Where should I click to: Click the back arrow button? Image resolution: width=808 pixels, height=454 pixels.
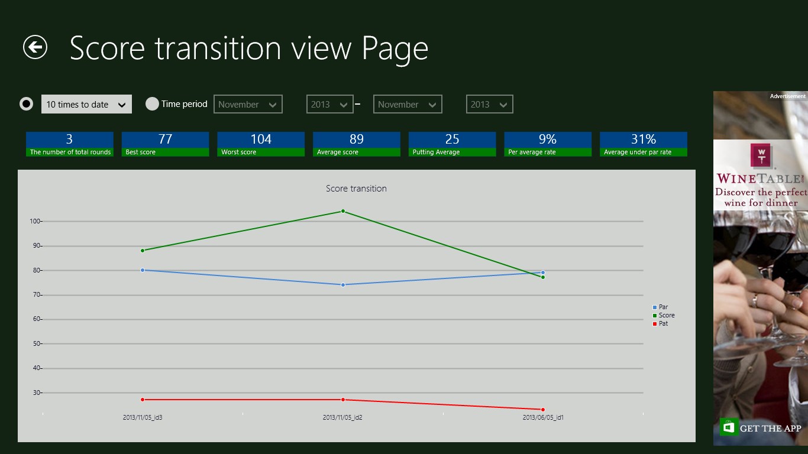click(x=35, y=47)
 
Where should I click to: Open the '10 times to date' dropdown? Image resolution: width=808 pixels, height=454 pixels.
click(x=86, y=104)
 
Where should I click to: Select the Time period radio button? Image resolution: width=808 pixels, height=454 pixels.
click(x=152, y=104)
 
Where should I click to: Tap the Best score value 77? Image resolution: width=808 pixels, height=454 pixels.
click(x=165, y=140)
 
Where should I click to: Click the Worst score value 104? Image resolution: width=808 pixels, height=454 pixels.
click(x=261, y=140)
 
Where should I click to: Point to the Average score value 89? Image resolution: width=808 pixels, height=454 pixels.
click(x=356, y=140)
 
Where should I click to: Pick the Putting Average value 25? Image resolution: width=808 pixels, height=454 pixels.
click(x=452, y=140)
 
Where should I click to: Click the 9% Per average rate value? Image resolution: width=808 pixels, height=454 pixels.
click(x=548, y=140)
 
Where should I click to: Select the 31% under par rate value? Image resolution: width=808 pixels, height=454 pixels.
click(x=644, y=140)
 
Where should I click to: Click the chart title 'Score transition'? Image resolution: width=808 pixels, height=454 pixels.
click(x=356, y=189)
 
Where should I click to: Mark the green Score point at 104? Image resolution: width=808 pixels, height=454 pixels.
click(x=343, y=211)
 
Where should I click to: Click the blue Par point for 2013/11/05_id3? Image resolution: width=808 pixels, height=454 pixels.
click(x=143, y=270)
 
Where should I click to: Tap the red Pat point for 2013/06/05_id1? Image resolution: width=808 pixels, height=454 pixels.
click(x=543, y=410)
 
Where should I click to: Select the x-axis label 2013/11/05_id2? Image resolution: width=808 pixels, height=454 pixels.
click(x=342, y=417)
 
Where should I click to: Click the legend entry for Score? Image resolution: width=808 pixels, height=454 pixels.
click(x=666, y=316)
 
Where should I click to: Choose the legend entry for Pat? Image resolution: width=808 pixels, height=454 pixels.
click(x=663, y=324)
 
